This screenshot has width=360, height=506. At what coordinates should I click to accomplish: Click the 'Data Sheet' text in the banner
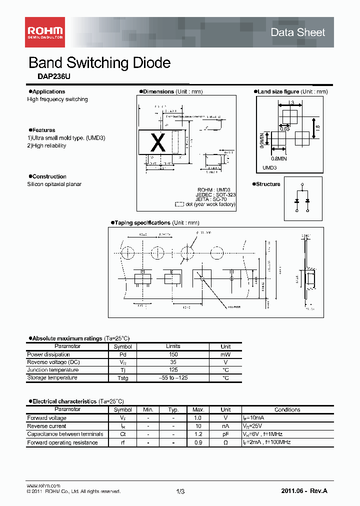tap(297, 32)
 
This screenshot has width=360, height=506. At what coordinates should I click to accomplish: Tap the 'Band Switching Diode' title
tap(99, 63)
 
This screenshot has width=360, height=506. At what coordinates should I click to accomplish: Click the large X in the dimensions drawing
tap(158, 143)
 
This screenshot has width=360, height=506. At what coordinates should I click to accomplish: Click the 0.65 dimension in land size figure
tap(284, 129)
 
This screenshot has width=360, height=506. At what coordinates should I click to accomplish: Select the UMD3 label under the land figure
tap(270, 168)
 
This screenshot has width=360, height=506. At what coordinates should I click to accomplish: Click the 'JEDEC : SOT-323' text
tap(216, 194)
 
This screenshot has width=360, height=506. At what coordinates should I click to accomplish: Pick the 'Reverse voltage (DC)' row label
tap(53, 362)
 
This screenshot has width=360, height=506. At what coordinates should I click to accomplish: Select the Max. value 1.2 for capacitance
tap(198, 434)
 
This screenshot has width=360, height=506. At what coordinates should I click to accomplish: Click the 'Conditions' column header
tap(287, 409)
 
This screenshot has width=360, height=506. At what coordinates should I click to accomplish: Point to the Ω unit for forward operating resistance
tap(225, 442)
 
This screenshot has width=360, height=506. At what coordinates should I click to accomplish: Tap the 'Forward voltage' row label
tap(46, 418)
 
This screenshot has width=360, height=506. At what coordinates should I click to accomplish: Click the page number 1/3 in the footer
tap(180, 492)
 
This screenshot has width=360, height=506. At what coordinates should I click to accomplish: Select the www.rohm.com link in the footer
tap(43, 486)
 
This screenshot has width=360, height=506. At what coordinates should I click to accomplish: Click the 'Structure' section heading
tap(268, 184)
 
